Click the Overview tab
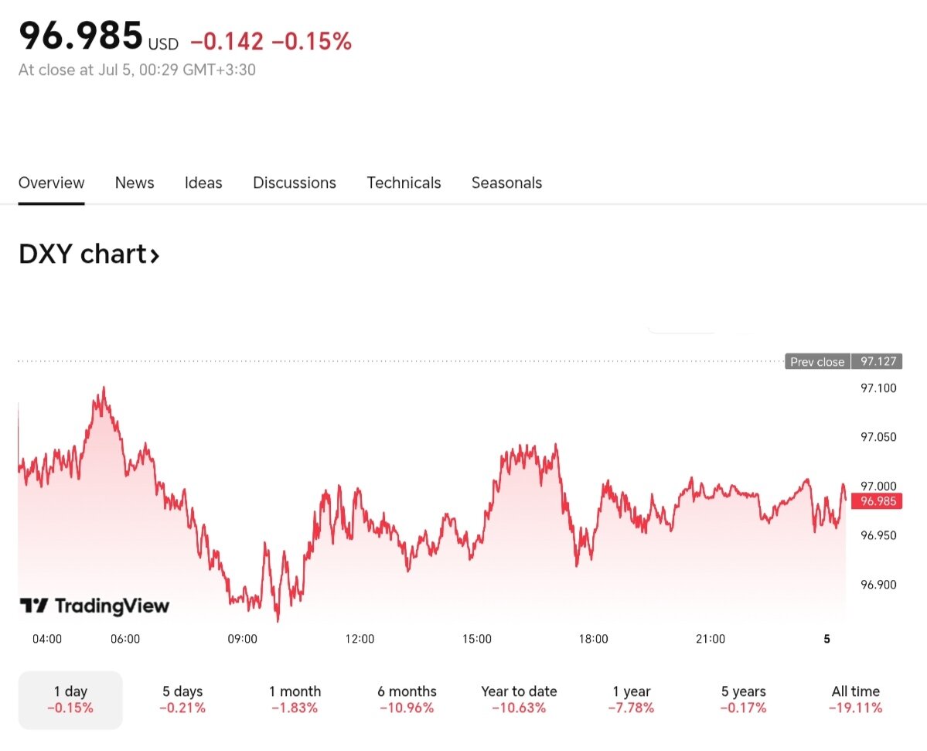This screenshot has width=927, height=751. pyautogui.click(x=51, y=183)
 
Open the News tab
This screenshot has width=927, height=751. pyautogui.click(x=135, y=183)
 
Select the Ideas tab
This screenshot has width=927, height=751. pyautogui.click(x=203, y=183)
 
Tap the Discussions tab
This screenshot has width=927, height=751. pyautogui.click(x=295, y=183)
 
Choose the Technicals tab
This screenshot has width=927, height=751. pyautogui.click(x=404, y=183)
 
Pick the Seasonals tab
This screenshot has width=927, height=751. pyautogui.click(x=506, y=183)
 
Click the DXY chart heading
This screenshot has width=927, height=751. pyautogui.click(x=89, y=254)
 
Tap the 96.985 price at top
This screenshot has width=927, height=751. pyautogui.click(x=81, y=36)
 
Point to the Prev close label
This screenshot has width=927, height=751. pyautogui.click(x=817, y=362)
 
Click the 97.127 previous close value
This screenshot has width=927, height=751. pyautogui.click(x=878, y=362)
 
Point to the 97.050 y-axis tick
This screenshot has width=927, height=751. pyautogui.click(x=878, y=437)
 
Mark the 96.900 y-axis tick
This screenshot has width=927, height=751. pyautogui.click(x=878, y=585)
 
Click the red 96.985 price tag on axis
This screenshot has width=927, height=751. pyautogui.click(x=878, y=501)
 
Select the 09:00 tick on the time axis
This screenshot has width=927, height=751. pyautogui.click(x=242, y=639)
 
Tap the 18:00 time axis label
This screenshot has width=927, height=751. pyautogui.click(x=593, y=639)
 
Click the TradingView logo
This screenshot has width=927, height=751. pyautogui.click(x=94, y=606)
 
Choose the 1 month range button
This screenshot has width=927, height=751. pyautogui.click(x=295, y=699)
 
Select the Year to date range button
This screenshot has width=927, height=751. pyautogui.click(x=519, y=699)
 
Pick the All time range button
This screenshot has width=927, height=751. pyautogui.click(x=855, y=699)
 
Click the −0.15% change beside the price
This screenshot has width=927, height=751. pyautogui.click(x=312, y=42)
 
